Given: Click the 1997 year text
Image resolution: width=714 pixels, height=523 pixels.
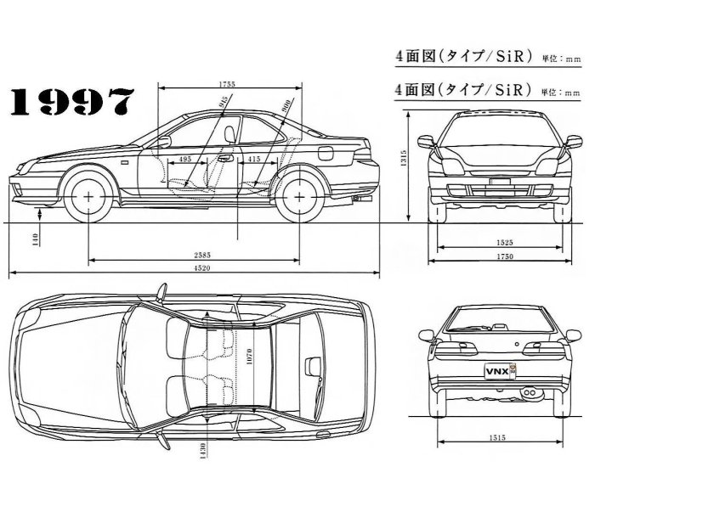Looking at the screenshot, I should tap(72, 103).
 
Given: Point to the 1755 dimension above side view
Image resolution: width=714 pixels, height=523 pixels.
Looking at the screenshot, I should tap(226, 83).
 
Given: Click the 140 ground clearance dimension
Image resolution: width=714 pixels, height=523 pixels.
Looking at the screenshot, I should tap(36, 239).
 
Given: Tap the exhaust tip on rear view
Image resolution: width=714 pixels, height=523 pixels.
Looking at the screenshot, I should tap(531, 394).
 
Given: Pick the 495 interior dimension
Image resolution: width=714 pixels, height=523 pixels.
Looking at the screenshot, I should tap(186, 160).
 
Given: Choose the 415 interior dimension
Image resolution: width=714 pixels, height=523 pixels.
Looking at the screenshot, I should tap(254, 160).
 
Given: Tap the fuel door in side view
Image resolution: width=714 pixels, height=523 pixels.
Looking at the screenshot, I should tap(326, 154).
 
